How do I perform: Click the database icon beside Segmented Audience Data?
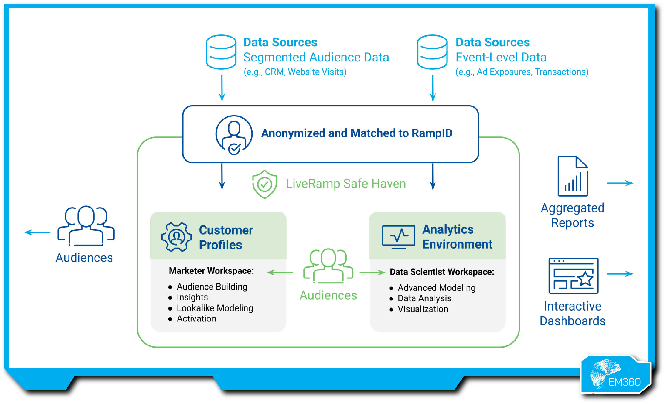tap(221, 52)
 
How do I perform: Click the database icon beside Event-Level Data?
tap(432, 52)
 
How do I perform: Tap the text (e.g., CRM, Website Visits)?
tap(295, 72)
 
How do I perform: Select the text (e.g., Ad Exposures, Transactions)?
tap(522, 72)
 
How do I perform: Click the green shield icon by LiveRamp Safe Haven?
tap(265, 184)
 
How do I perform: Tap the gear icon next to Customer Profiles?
tap(177, 237)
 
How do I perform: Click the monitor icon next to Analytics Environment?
tap(398, 237)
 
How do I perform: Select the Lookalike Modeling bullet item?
tap(215, 308)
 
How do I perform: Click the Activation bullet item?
tap(196, 319)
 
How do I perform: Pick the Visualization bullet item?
tap(423, 309)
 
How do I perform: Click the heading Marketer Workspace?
tap(211, 271)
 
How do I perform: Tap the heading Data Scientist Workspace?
tap(442, 272)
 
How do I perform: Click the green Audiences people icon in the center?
tap(328, 266)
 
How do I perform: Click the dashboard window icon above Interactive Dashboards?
tap(573, 275)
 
